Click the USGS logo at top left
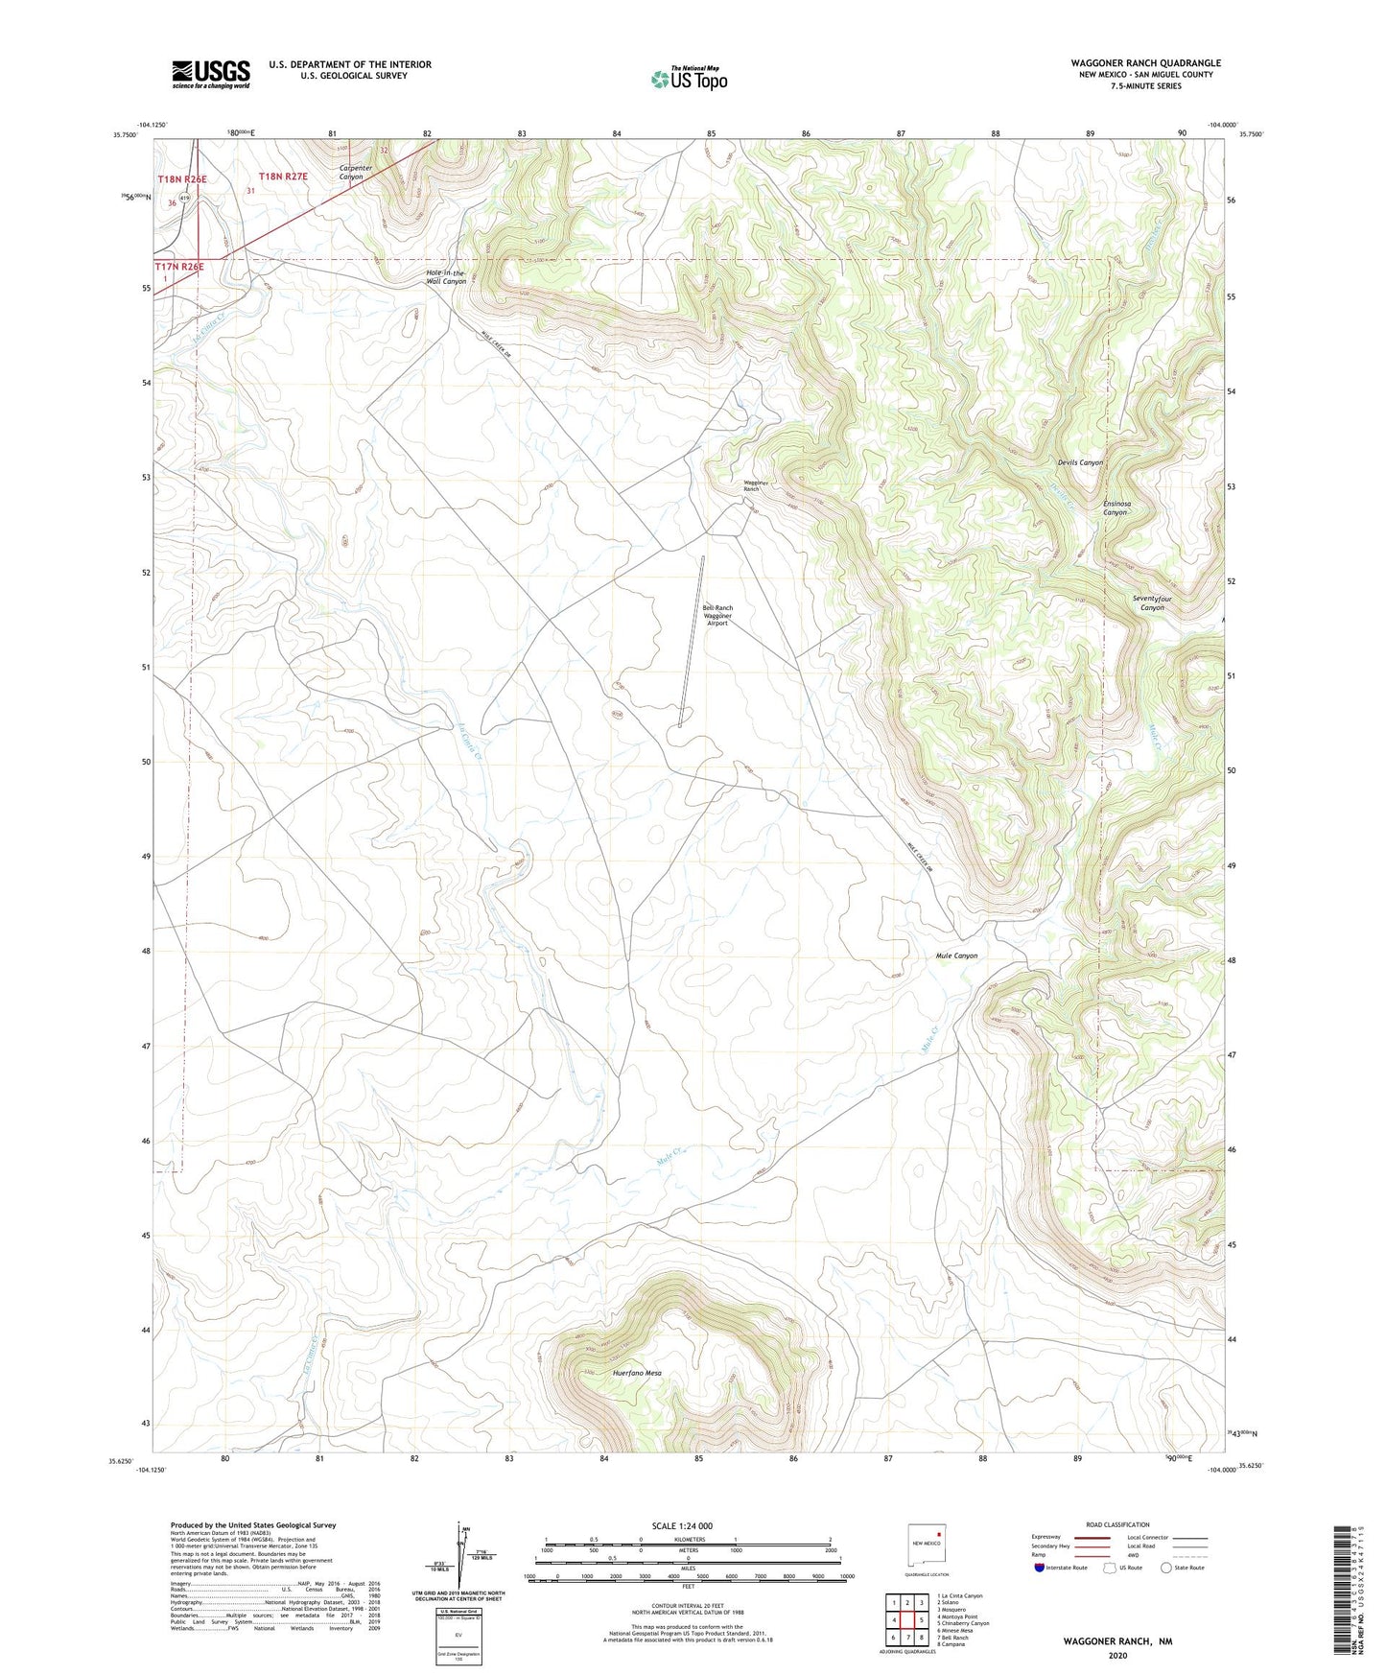point(211,74)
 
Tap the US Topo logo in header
point(689,79)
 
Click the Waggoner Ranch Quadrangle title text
point(1145,63)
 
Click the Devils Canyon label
point(1079,462)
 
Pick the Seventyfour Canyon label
point(1152,603)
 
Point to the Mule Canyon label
point(956,955)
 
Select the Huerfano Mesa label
point(637,1373)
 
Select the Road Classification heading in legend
point(1117,1524)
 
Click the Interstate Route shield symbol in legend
point(1040,1567)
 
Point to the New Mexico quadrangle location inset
point(928,1544)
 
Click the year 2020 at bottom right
point(1117,1655)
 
